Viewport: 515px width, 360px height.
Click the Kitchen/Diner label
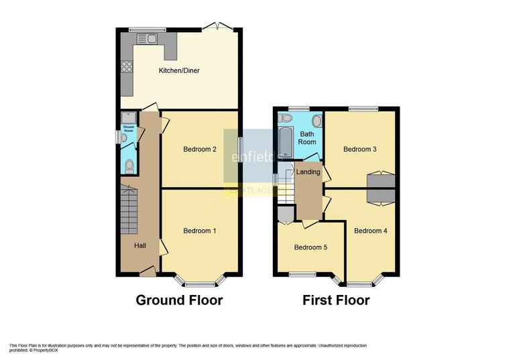pyautogui.click(x=179, y=70)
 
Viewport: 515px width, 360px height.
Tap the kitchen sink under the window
pyautogui.click(x=147, y=39)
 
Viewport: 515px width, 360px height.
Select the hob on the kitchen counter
pyautogui.click(x=126, y=66)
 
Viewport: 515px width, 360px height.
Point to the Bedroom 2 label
pyautogui.click(x=199, y=149)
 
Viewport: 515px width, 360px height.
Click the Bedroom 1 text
pyautogui.click(x=199, y=231)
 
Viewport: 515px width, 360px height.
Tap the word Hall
pyautogui.click(x=140, y=246)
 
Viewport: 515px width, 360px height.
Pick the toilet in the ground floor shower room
pyautogui.click(x=129, y=166)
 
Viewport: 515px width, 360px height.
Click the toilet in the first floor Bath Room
pyautogui.click(x=317, y=121)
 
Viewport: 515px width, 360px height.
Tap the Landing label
pyautogui.click(x=308, y=172)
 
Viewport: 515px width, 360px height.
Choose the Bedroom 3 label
pyautogui.click(x=360, y=149)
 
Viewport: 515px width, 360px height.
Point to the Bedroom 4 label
pyautogui.click(x=371, y=231)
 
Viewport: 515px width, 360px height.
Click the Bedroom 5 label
pyautogui.click(x=310, y=247)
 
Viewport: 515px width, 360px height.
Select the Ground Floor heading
pyautogui.click(x=179, y=300)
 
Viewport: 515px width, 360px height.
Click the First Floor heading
pyautogui.click(x=336, y=300)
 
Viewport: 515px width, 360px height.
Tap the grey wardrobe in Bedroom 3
pyautogui.click(x=380, y=181)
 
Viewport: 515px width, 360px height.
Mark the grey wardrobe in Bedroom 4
pyautogui.click(x=380, y=195)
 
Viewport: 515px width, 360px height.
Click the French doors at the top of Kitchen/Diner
pyautogui.click(x=219, y=27)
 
